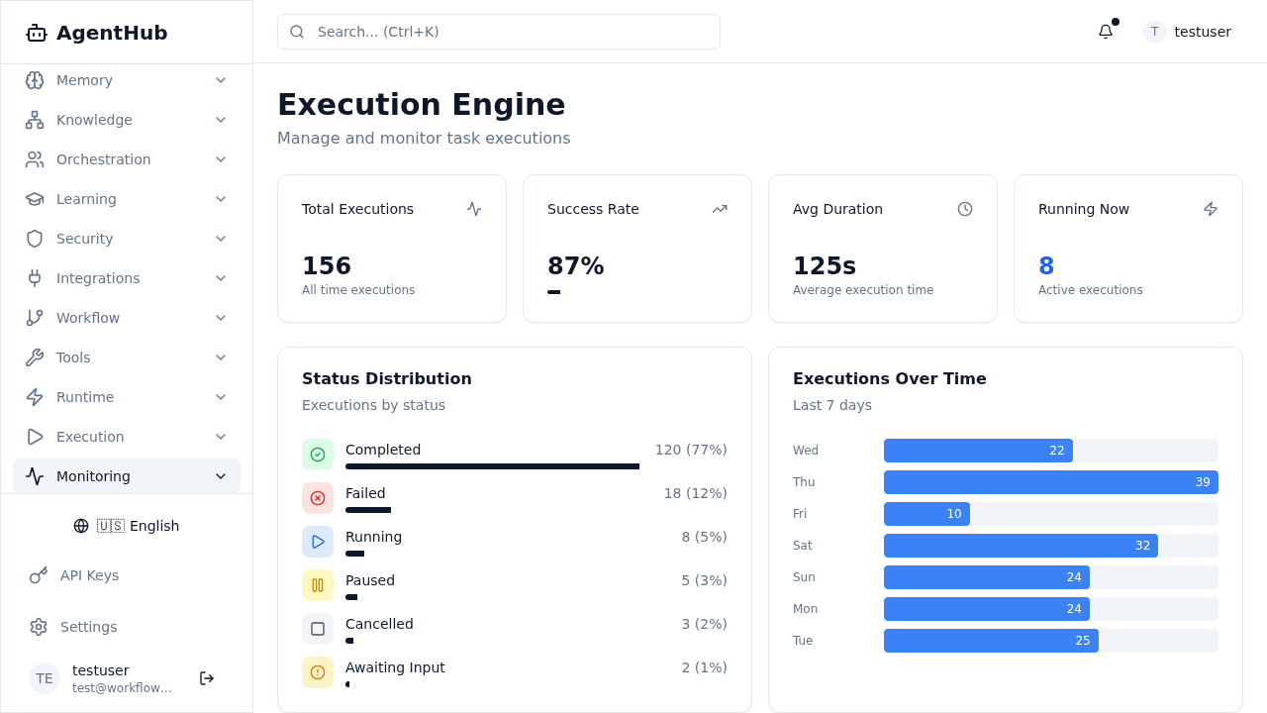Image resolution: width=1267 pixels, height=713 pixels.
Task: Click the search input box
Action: [498, 32]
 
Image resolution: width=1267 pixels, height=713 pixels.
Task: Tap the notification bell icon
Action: [1106, 32]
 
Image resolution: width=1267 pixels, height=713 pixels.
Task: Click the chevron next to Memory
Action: [221, 80]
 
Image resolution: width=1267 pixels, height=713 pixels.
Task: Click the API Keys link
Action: [89, 575]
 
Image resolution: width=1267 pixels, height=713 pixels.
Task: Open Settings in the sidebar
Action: [88, 627]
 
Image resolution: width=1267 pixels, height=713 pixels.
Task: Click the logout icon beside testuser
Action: [207, 678]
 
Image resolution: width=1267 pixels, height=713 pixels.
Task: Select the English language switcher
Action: [127, 526]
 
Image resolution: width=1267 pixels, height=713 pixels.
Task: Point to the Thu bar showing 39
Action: [1050, 482]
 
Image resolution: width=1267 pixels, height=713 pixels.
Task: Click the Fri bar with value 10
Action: [926, 514]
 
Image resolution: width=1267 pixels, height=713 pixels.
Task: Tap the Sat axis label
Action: [803, 546]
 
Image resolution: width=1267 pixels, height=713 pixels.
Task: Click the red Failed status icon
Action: [318, 498]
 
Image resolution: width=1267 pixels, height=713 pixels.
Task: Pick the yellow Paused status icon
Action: [318, 585]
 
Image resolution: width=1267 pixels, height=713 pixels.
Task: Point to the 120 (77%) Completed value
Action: [691, 450]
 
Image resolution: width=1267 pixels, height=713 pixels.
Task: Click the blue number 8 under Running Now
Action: [1046, 266]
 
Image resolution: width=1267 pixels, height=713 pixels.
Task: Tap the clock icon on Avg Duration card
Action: [965, 209]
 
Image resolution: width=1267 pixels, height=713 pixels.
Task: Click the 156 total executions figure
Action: [327, 266]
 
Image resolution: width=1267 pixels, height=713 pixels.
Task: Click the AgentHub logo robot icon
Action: [37, 33]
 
